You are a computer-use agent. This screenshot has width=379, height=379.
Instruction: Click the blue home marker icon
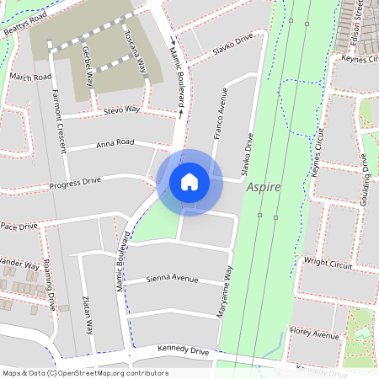189,181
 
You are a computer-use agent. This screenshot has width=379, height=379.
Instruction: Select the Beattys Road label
24,17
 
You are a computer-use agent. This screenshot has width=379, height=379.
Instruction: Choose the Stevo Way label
121,109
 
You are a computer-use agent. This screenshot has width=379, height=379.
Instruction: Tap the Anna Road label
115,143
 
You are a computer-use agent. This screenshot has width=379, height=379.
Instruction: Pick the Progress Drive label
75,181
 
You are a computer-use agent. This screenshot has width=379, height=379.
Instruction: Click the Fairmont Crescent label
58,121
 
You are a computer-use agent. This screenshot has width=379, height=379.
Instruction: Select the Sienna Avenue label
172,279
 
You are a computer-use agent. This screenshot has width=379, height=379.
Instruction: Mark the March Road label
30,77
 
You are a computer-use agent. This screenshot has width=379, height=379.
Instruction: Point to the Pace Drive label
19,227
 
